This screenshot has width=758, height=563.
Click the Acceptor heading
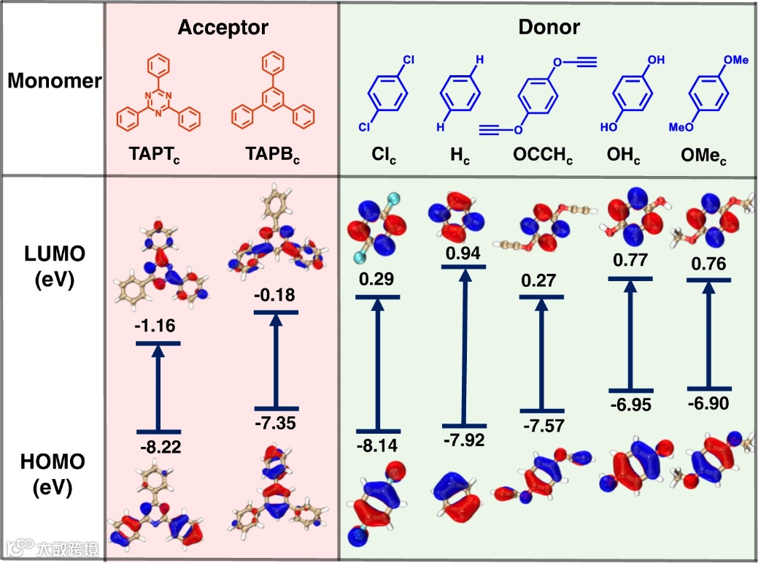223,28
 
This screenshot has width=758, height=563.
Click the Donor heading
549,28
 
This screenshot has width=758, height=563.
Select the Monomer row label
54,81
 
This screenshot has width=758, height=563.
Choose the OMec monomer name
705,156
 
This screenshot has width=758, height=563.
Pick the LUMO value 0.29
376,280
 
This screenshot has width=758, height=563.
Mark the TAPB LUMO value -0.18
275,295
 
